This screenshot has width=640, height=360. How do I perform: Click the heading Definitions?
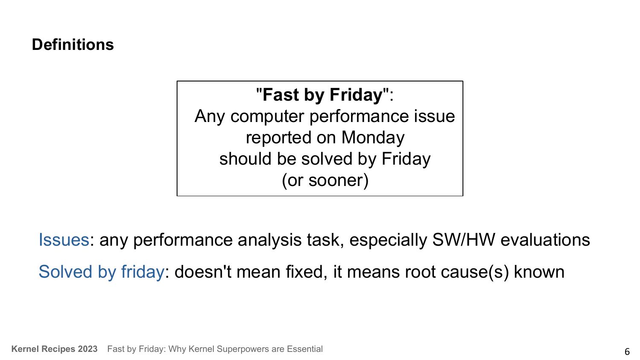point(73,44)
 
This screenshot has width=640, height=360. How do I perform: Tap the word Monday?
point(373,138)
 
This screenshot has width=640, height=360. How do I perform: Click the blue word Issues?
point(64,240)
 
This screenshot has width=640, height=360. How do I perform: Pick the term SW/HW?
point(463,239)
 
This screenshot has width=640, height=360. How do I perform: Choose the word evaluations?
point(545,240)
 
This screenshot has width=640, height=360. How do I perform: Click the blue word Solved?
point(65,272)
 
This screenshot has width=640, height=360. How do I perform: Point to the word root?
point(420,272)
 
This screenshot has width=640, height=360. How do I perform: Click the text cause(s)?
point(474,272)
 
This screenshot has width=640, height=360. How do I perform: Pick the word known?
point(539,272)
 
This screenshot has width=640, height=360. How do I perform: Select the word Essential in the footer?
point(305,349)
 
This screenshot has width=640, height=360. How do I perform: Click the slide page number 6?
point(627,351)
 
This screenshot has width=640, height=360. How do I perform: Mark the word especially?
point(388,240)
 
